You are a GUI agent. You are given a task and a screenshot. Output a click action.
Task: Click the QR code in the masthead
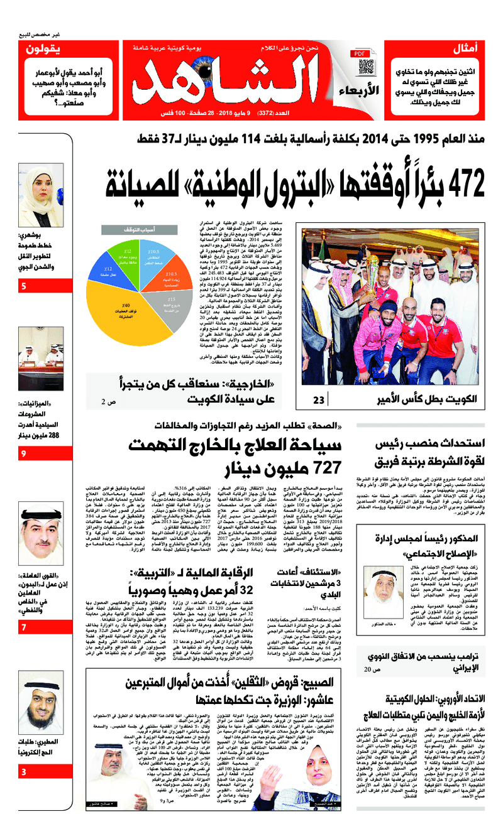pyautogui.click(x=366, y=67)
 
